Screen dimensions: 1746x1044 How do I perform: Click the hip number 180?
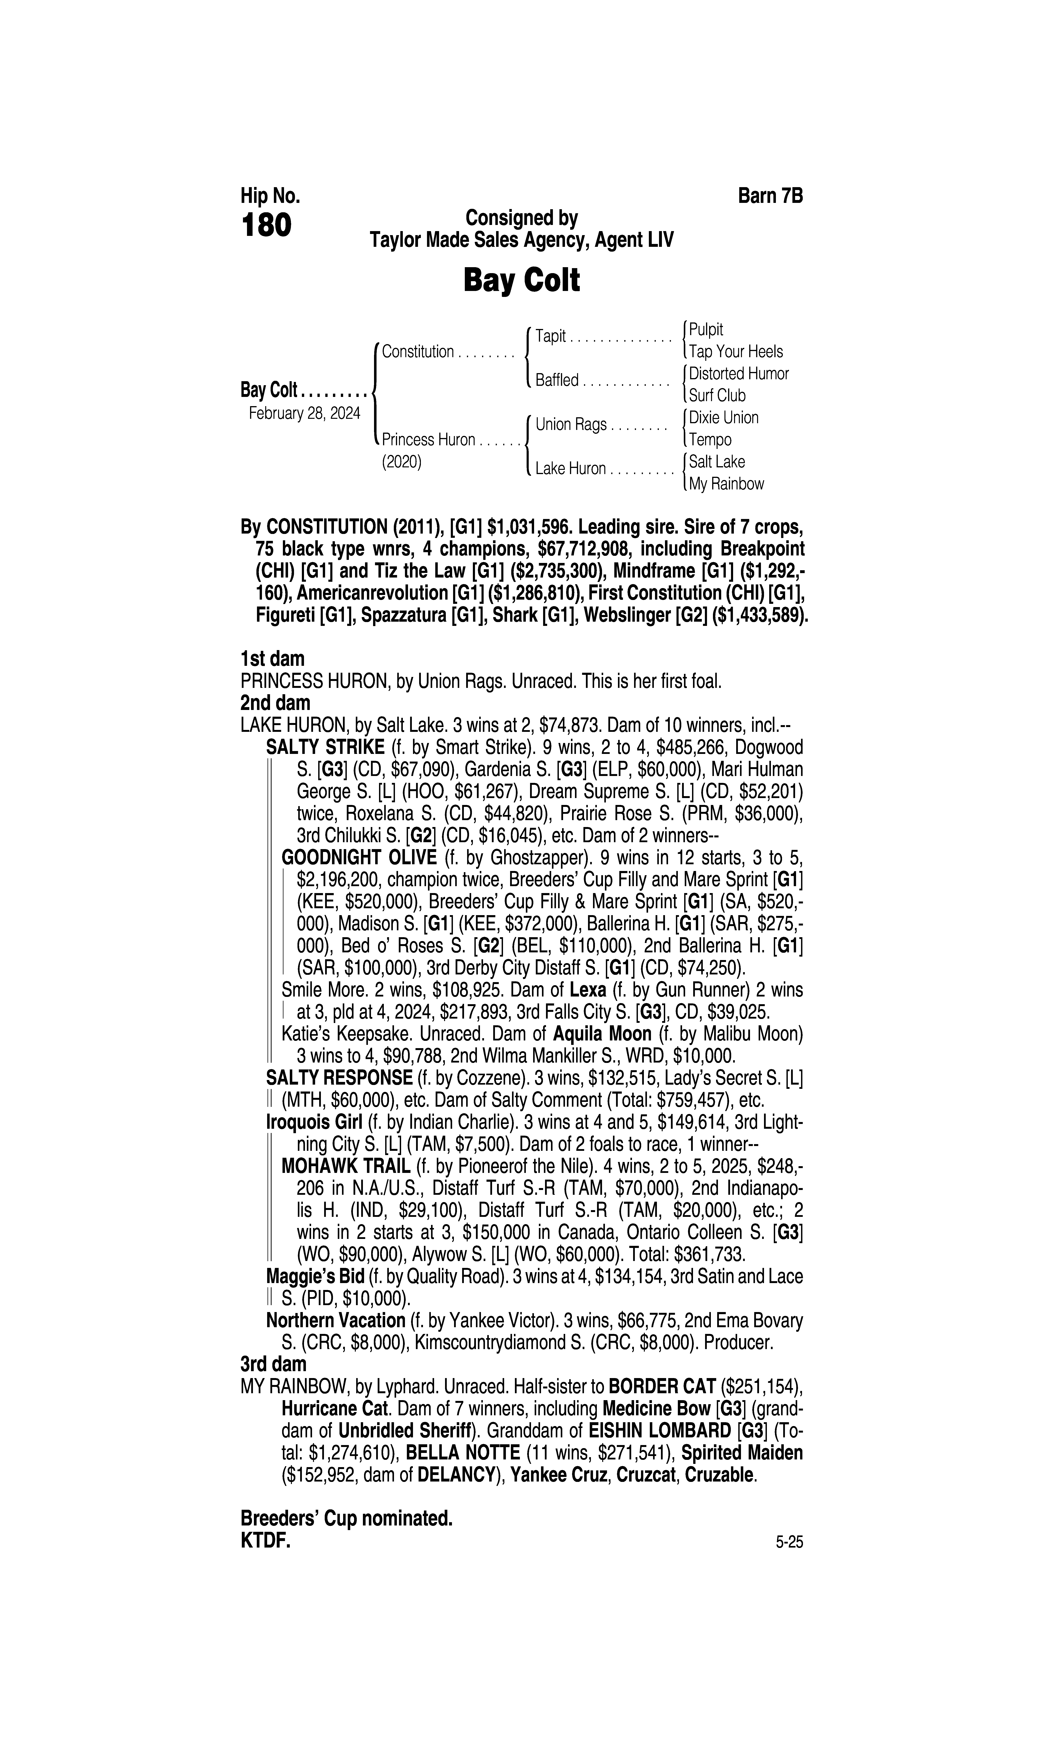pos(266,226)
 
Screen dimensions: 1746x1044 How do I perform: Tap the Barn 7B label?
pos(770,196)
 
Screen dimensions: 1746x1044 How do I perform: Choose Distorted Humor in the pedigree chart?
pos(739,373)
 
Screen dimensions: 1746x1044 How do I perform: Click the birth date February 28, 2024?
pos(304,413)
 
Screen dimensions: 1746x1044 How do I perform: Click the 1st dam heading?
pos(272,659)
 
